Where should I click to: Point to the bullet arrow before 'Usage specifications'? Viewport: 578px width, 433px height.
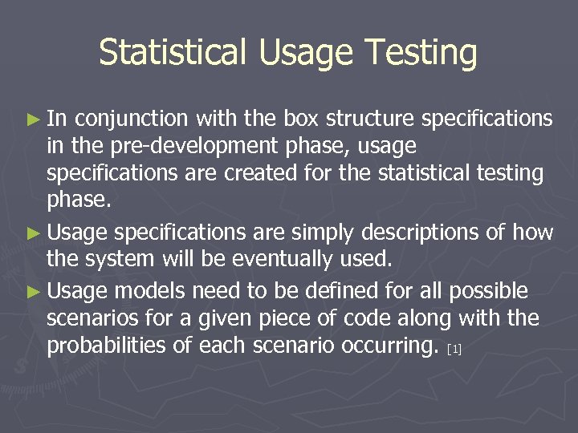coord(31,233)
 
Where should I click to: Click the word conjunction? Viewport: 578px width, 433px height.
coord(132,119)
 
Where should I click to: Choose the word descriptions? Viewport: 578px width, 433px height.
coord(432,233)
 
